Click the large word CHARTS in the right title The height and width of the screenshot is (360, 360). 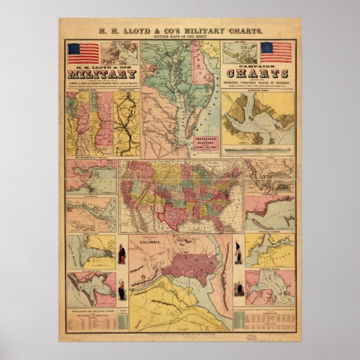[x=260, y=73]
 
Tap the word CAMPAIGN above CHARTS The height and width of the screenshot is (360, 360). [x=260, y=65]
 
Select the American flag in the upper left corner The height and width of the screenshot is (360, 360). [x=83, y=53]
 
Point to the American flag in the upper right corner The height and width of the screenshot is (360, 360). [x=276, y=52]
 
